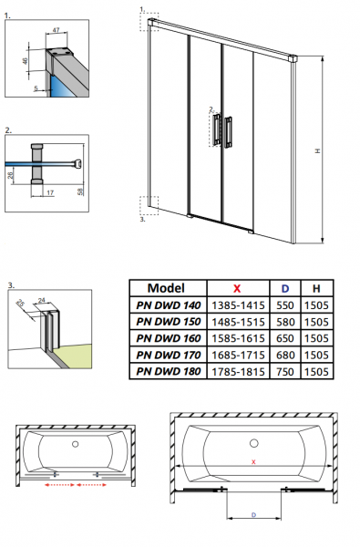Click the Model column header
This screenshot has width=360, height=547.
(166, 288)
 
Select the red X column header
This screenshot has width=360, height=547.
(237, 288)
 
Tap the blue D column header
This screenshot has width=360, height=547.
(285, 288)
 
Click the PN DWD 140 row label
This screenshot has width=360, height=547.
(169, 305)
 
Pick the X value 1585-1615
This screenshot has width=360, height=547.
(238, 338)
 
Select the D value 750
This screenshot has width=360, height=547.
(285, 372)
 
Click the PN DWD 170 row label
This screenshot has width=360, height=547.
(169, 356)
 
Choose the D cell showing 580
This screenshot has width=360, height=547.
(285, 322)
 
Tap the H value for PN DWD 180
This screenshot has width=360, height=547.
(316, 372)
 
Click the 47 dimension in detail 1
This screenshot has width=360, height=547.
(57, 30)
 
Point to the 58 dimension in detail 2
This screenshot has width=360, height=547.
(80, 191)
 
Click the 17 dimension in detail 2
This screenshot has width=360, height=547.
(50, 192)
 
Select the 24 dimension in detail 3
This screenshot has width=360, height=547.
(42, 300)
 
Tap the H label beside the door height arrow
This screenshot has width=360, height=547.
(317, 150)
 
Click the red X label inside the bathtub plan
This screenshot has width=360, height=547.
(253, 462)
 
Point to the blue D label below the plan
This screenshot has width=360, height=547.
(253, 515)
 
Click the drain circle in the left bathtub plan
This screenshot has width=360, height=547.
(75, 444)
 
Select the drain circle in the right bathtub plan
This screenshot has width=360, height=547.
(254, 443)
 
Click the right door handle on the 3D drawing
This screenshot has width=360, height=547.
(229, 132)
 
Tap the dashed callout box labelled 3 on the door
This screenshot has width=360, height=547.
(149, 206)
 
